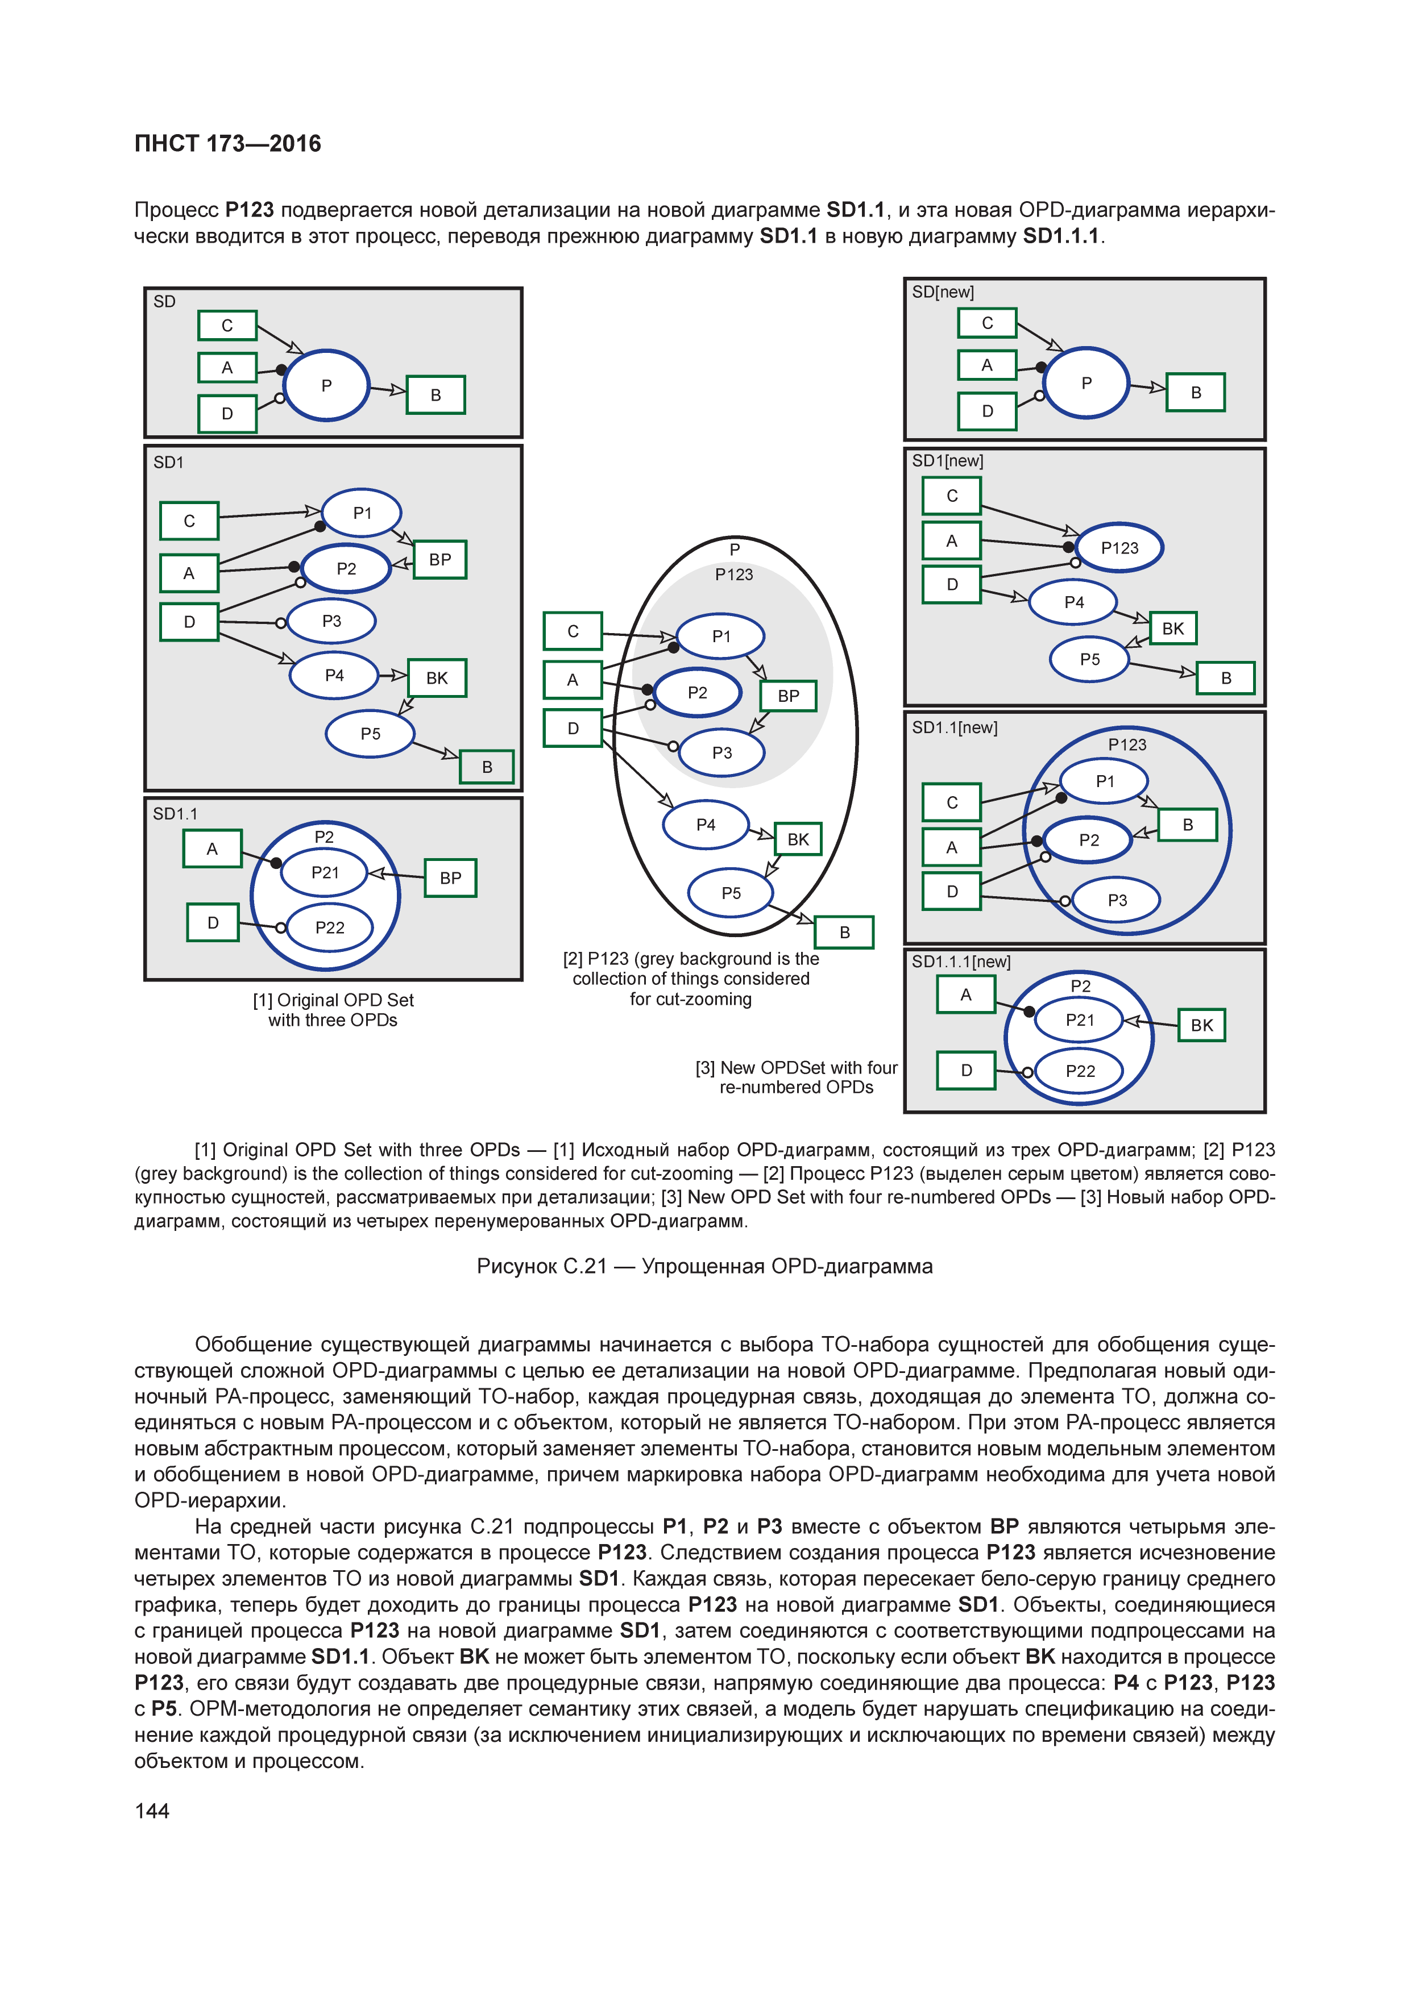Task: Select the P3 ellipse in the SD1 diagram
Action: pyautogui.click(x=331, y=622)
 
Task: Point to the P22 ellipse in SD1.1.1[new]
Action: pyautogui.click(x=1080, y=1071)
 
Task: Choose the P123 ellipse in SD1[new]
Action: pyautogui.click(x=1119, y=548)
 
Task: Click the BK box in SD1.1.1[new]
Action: pyautogui.click(x=1201, y=1025)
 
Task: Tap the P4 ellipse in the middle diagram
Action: pyautogui.click(x=706, y=825)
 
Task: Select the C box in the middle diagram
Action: pyautogui.click(x=572, y=631)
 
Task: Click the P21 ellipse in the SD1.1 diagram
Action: pyautogui.click(x=325, y=872)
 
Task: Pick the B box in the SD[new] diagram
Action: pyautogui.click(x=1196, y=392)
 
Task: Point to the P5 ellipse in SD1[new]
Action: pyautogui.click(x=1090, y=660)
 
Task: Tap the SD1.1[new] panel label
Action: pyautogui.click(x=954, y=727)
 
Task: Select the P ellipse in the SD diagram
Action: pyautogui.click(x=326, y=385)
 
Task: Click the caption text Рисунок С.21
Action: pyautogui.click(x=704, y=1267)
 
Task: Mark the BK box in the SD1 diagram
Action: pyautogui.click(x=437, y=678)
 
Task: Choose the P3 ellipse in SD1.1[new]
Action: pyautogui.click(x=1117, y=900)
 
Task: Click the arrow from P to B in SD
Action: pyautogui.click(x=388, y=390)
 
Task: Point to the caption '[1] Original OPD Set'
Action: pyautogui.click(x=333, y=1000)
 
